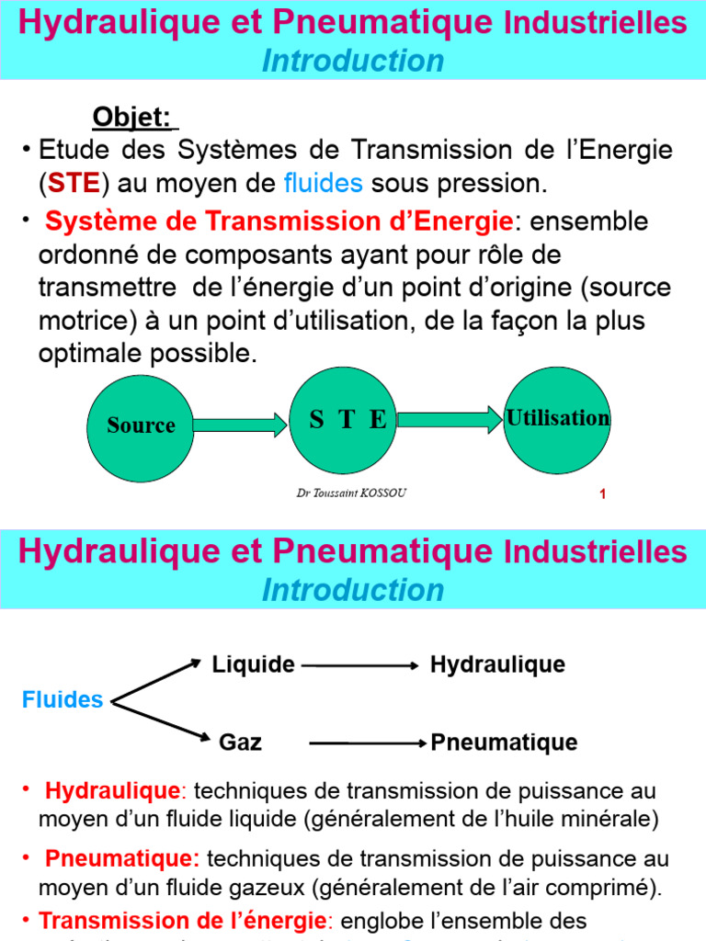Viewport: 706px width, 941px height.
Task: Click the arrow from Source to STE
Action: coord(240,425)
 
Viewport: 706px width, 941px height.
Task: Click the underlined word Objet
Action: coord(131,118)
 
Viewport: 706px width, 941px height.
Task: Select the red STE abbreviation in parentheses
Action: coord(74,184)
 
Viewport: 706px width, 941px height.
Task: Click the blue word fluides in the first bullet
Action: coord(323,184)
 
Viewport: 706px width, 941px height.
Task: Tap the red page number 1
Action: coord(602,496)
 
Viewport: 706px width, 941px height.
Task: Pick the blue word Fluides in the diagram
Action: coord(63,700)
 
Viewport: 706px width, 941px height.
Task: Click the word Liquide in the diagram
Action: coord(254,664)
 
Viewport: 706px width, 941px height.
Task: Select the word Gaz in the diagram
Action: coord(240,743)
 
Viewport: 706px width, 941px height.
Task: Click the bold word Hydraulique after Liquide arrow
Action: coord(497,664)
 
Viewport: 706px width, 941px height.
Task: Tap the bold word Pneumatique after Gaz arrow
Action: coord(505,743)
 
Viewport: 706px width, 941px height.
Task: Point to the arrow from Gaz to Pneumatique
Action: coord(369,743)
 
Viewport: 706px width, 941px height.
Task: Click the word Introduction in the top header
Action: coord(353,61)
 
